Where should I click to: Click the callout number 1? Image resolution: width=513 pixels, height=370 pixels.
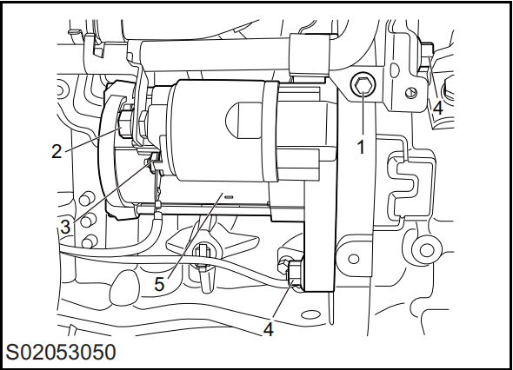point(361,147)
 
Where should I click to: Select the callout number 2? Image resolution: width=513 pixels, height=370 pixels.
point(57,152)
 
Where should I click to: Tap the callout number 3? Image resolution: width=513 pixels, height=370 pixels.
point(65,227)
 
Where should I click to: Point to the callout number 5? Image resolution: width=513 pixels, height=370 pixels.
point(159,284)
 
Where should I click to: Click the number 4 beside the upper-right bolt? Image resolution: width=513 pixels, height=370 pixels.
point(438,108)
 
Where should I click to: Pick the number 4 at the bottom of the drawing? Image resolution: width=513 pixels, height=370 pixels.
point(269,329)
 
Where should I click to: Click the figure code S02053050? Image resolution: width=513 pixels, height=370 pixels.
point(61,353)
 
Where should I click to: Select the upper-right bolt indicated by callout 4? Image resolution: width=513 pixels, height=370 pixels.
point(426,56)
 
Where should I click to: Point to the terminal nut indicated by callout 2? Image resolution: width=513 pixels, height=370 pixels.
point(125,125)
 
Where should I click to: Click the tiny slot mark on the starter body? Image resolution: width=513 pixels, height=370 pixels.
point(229,197)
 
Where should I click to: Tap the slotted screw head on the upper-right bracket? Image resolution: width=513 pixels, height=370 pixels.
point(411,93)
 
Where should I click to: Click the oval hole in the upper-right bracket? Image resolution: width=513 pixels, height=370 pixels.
point(395,69)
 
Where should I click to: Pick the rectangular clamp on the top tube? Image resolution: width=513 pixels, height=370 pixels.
point(310,56)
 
